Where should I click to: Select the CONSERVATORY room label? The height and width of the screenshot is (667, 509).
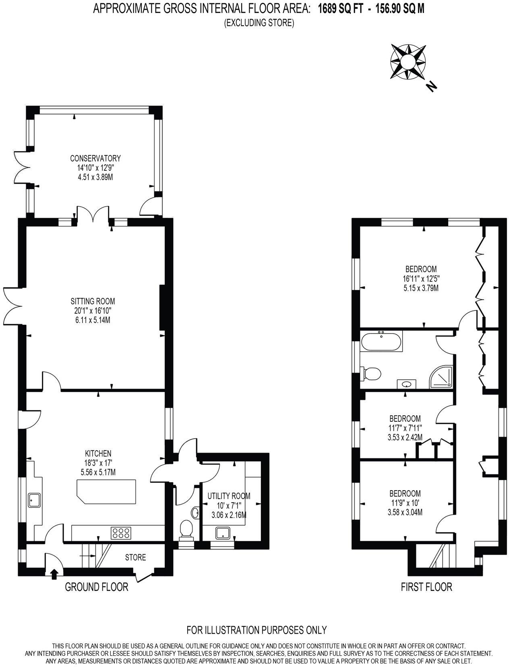click(95, 158)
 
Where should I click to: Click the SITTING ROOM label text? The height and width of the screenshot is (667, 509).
click(93, 301)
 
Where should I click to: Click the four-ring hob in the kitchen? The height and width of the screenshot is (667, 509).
click(121, 533)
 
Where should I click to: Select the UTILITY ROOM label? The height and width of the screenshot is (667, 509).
click(229, 496)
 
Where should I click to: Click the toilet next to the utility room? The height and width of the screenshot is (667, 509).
click(186, 529)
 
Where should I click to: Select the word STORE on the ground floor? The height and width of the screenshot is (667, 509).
click(135, 557)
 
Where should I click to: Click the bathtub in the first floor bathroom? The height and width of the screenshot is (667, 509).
click(381, 342)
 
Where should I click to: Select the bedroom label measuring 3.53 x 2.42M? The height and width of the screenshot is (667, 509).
click(405, 437)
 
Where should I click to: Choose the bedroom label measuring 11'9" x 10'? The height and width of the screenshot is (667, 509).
click(405, 503)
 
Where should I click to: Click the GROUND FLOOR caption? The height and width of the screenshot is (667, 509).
click(97, 587)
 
